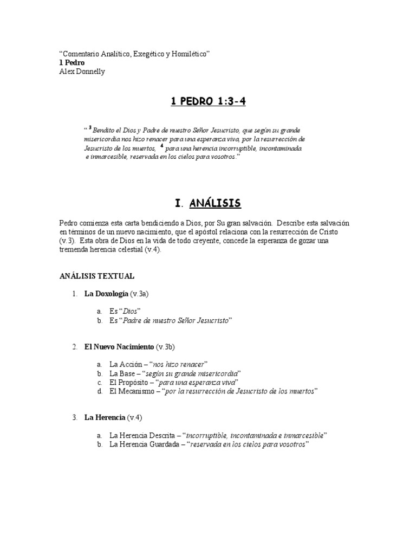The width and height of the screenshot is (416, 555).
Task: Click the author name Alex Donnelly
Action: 82,72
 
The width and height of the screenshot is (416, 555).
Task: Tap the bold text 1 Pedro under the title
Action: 71,63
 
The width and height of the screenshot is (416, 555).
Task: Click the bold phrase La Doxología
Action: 106,294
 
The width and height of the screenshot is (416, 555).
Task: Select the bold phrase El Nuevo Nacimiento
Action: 119,346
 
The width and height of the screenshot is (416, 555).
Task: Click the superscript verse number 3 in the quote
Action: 89,128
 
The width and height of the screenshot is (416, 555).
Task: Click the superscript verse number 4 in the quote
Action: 161,146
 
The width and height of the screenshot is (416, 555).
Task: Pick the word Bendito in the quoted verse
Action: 105,131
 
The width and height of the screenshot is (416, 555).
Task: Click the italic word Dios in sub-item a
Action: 131,312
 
